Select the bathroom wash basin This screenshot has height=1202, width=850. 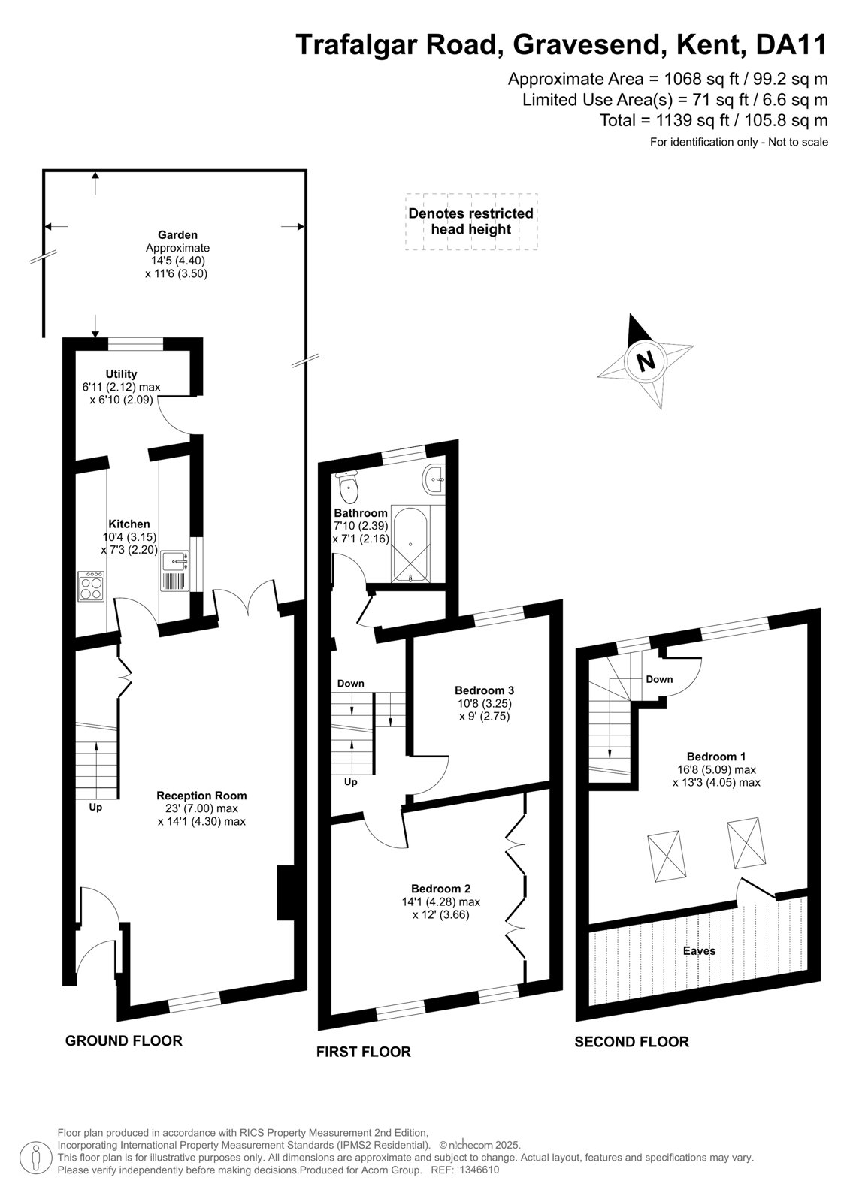click(434, 479)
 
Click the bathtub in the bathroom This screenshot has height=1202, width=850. click(411, 544)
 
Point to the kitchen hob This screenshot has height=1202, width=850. click(91, 586)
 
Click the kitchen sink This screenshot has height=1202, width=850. click(174, 571)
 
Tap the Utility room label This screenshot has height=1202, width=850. click(121, 374)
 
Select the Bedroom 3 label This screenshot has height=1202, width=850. click(484, 690)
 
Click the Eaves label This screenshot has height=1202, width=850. click(699, 951)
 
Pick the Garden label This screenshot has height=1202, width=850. click(177, 235)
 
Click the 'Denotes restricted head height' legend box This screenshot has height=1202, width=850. click(471, 222)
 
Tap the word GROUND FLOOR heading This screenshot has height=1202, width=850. click(123, 1041)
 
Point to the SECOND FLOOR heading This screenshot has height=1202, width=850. click(631, 1042)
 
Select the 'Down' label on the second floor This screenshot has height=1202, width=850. click(659, 679)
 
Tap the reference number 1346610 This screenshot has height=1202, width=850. click(479, 1170)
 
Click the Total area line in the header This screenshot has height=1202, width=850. click(714, 120)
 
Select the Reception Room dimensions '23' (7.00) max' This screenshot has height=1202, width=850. click(201, 808)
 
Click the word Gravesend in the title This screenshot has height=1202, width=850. click(588, 45)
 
